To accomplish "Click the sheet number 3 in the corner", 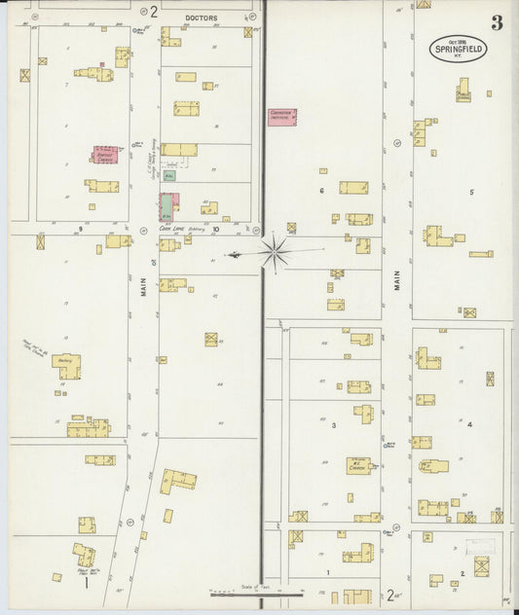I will tap(497, 22).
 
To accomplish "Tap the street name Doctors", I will tap(202, 18).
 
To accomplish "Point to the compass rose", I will tap(275, 252).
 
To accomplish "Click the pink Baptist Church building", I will tap(105, 155).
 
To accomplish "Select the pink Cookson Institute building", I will tap(282, 117).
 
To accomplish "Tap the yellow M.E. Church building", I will tap(358, 465).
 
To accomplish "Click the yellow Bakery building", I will tap(66, 365).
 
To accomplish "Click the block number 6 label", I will tap(321, 191).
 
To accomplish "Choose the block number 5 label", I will tap(471, 192).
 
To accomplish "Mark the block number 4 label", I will tap(468, 425).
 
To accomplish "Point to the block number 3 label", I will tap(333, 425).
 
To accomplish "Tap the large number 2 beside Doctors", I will tap(154, 12).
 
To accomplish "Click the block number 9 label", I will tap(80, 229).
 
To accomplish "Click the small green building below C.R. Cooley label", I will tap(169, 177).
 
